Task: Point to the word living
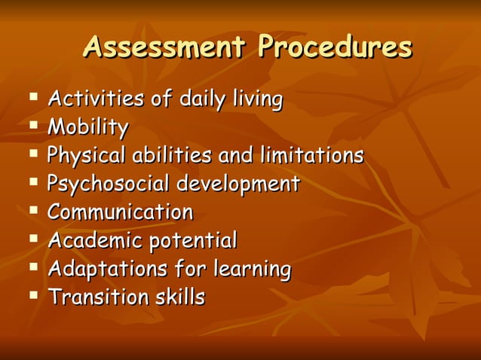[258, 99]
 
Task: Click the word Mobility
[87, 127]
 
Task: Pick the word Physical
[87, 156]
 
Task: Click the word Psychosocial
[109, 184]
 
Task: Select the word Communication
[120, 212]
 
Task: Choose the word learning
[251, 269]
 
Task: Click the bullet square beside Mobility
[34, 125]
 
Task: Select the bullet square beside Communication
[34, 210]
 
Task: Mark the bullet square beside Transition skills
[34, 295]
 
